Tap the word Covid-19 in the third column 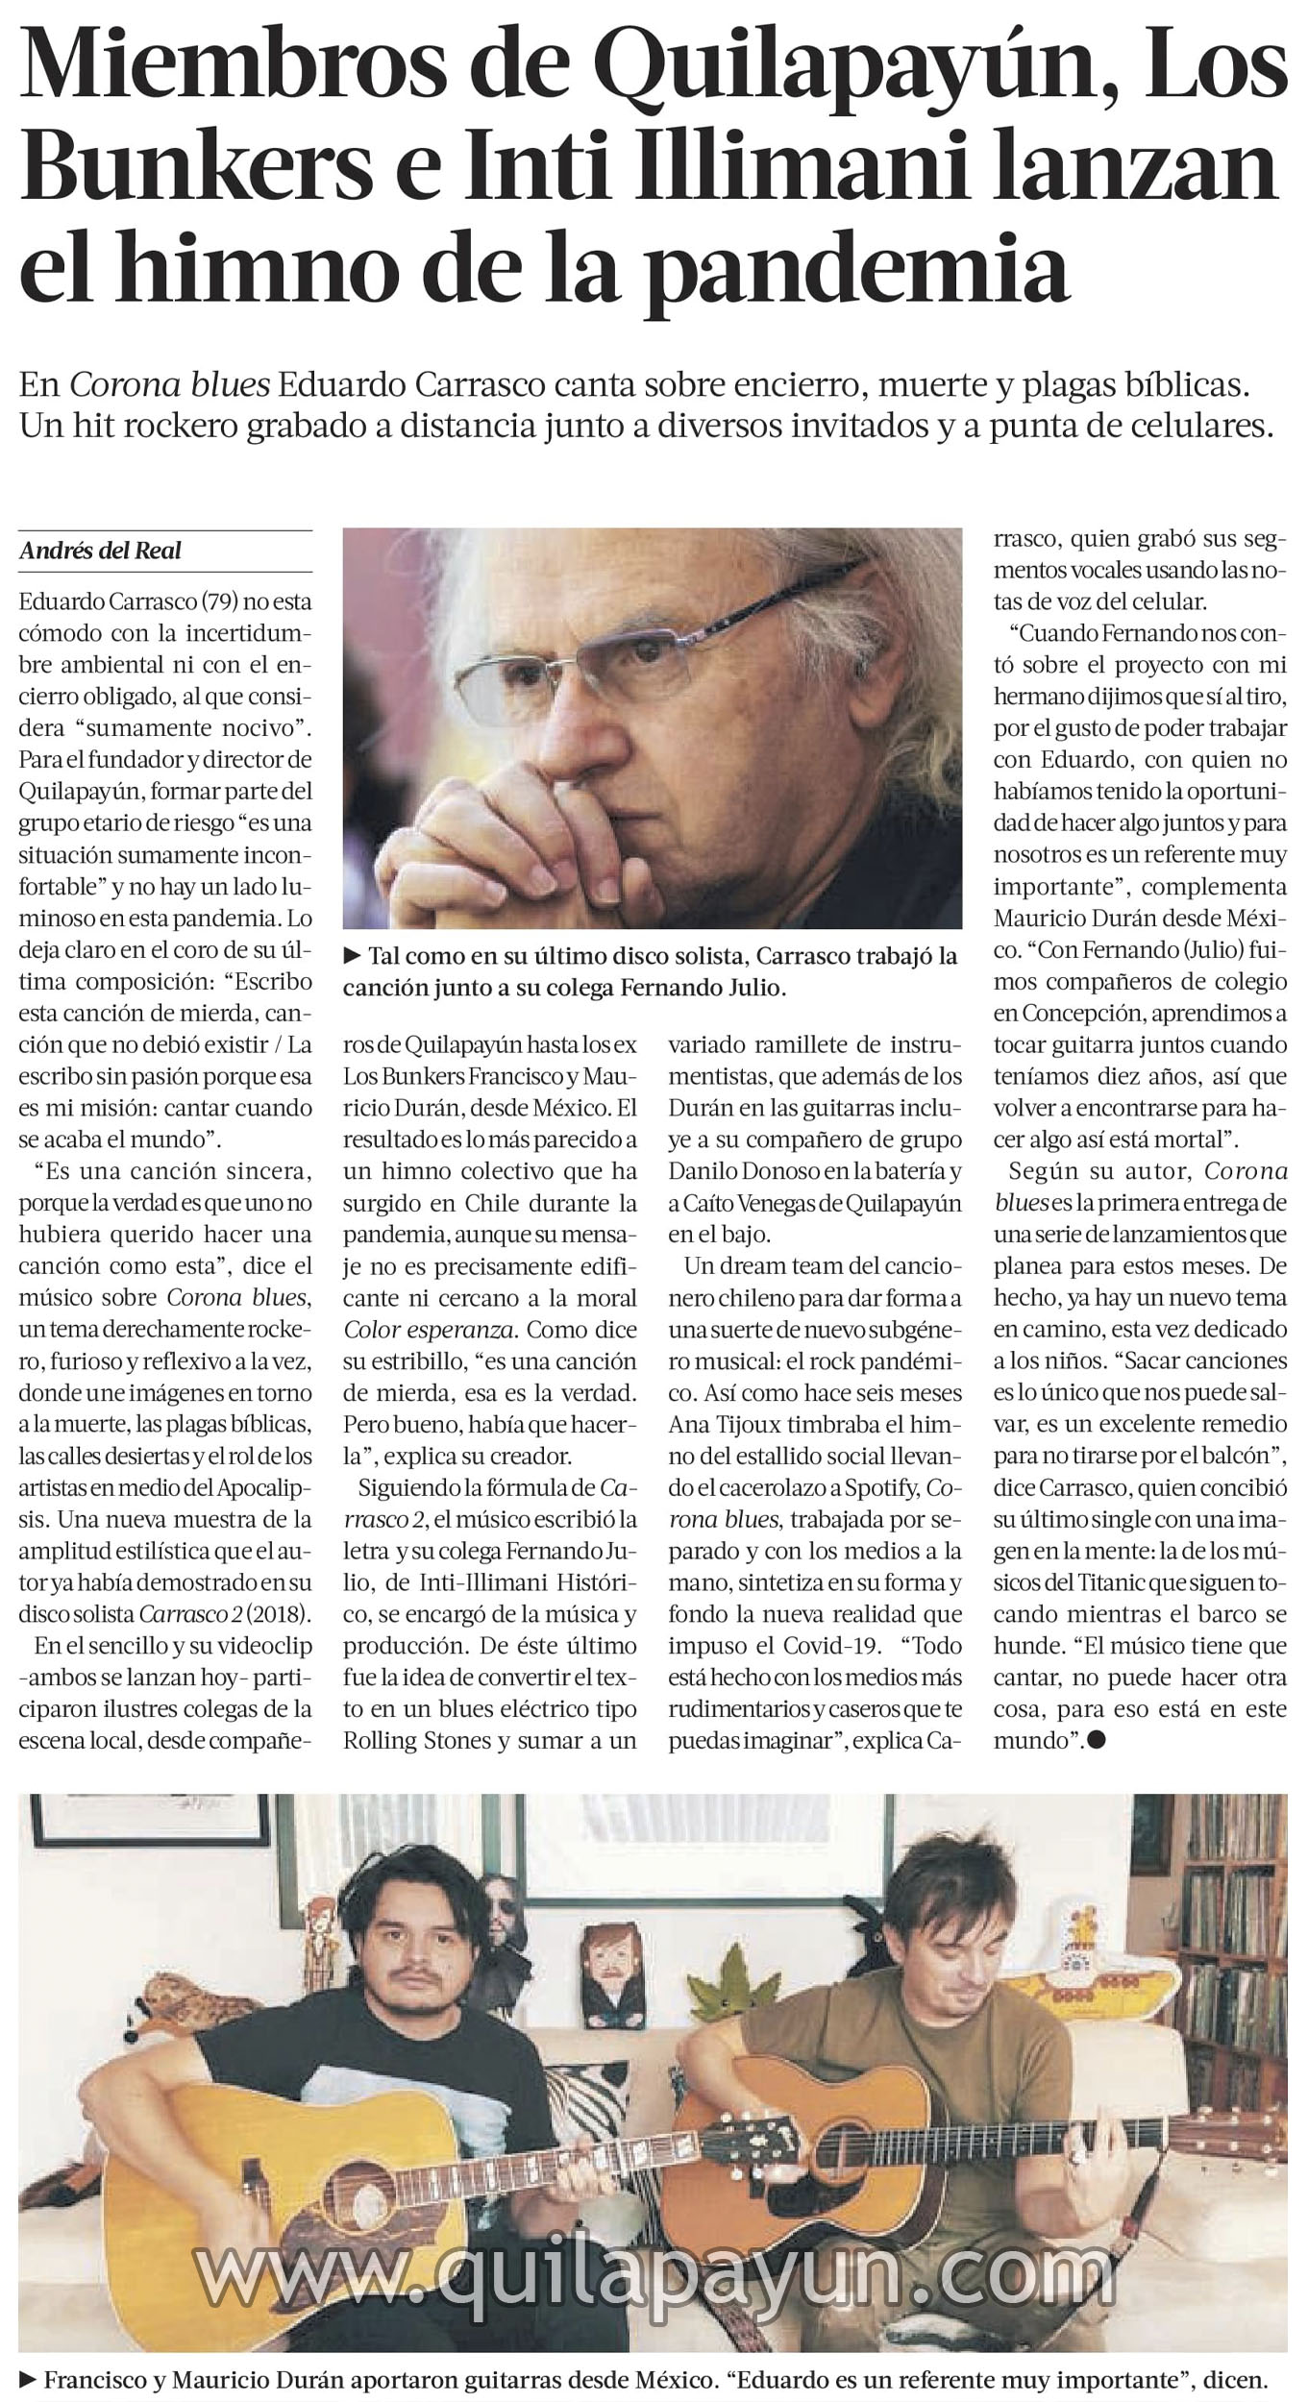[835, 1644]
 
